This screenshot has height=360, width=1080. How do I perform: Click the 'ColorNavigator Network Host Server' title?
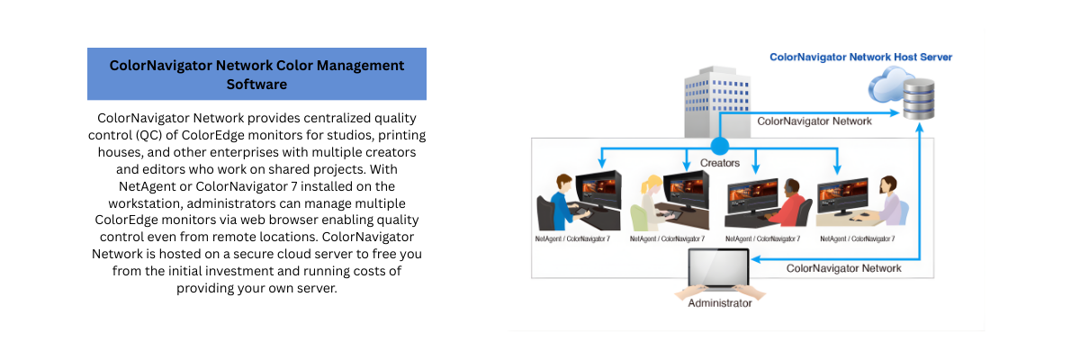pos(860,57)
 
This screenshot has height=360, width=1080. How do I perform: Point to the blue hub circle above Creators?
pos(719,145)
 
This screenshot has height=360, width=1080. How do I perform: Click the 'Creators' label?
pos(719,163)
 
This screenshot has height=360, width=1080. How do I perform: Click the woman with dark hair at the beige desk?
pos(886,198)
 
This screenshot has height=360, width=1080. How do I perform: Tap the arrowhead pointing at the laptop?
pos(757,259)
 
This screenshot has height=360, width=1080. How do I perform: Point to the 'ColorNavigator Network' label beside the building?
pos(814,121)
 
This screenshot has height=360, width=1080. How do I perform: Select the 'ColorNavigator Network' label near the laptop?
pos(843,268)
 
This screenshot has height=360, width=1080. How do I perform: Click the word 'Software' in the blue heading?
pos(256,84)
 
